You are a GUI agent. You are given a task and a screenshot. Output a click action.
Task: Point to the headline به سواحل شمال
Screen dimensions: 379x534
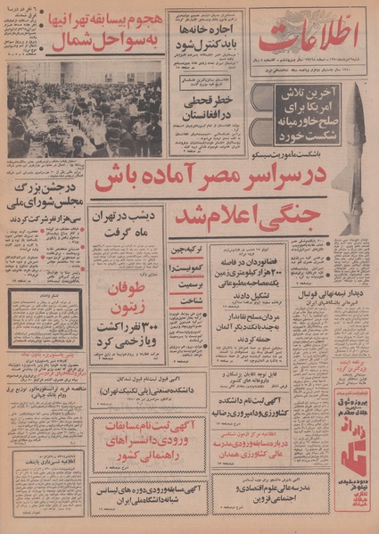tap(95, 42)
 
